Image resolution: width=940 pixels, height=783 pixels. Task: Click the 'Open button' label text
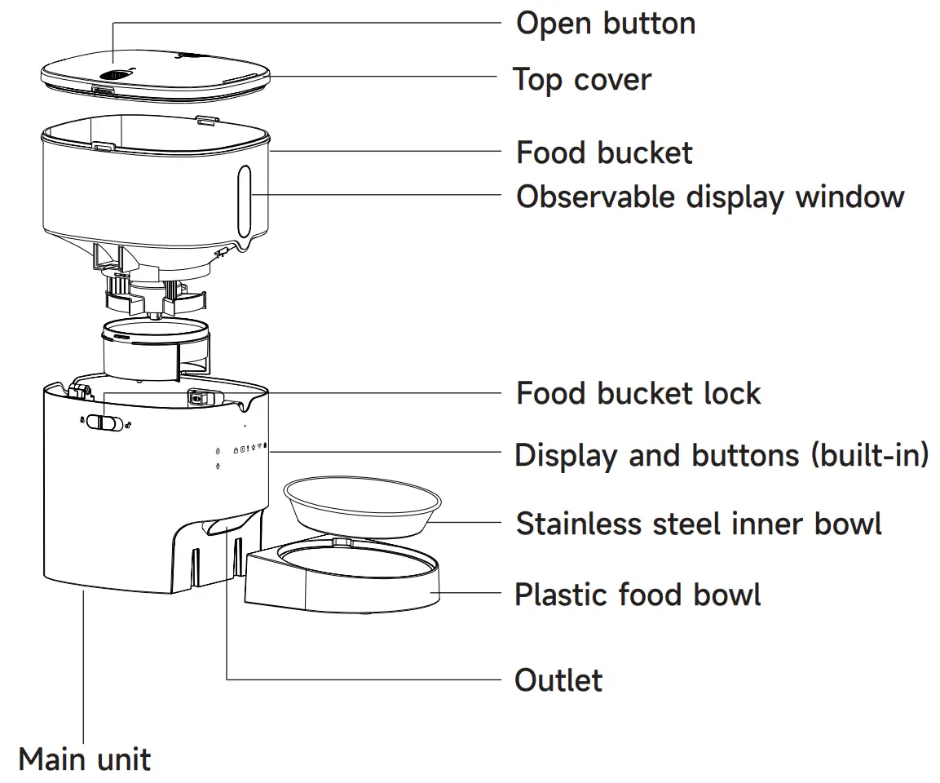606,23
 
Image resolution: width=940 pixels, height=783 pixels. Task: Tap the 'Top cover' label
582,80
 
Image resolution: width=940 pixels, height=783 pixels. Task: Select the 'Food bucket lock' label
638,393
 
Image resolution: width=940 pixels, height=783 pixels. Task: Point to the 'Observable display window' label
710,197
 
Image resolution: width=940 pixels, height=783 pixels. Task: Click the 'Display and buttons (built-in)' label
722,455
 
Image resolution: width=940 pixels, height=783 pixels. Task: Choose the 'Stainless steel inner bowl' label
699,523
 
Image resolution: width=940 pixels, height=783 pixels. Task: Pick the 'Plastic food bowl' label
638,595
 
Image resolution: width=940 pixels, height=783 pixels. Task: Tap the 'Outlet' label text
558,680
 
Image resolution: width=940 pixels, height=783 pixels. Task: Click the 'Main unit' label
84,759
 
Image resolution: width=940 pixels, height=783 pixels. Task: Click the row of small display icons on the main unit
249,449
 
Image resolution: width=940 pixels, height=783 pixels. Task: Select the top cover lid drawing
155,73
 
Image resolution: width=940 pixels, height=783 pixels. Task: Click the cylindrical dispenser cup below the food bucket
154,349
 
